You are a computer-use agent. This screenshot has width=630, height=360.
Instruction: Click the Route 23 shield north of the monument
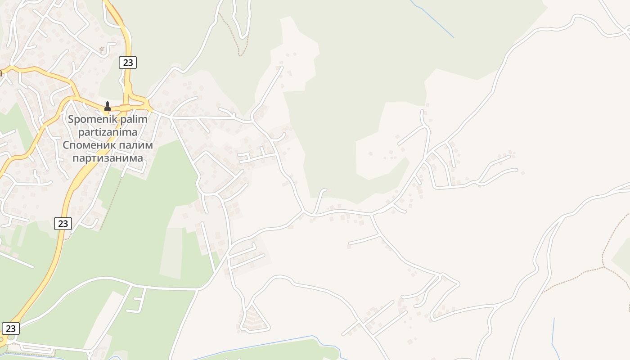[x=128, y=63]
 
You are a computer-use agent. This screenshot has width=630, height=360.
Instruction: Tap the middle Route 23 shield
[x=63, y=223]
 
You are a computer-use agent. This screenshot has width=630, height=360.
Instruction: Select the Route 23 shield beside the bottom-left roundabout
[x=11, y=328]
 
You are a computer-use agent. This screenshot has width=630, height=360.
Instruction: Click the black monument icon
[x=108, y=106]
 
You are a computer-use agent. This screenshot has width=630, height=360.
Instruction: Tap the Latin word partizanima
[x=107, y=132]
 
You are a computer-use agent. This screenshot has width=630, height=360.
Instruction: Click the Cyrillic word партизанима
[x=108, y=158]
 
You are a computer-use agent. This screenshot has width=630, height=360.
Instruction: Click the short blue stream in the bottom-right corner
[x=554, y=335]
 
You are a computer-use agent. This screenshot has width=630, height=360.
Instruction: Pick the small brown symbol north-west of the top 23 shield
[x=102, y=49]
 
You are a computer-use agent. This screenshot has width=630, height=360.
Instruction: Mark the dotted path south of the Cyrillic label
[x=111, y=202]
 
